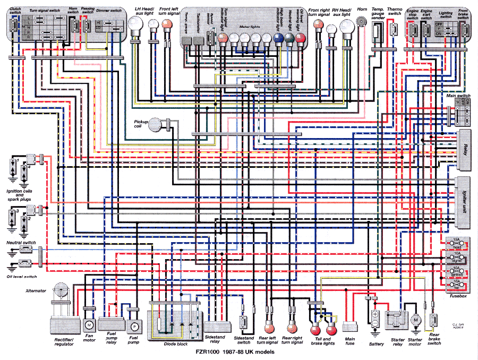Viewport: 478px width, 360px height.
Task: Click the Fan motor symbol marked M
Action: point(89,324)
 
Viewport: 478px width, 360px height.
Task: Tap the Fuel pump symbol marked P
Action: point(134,325)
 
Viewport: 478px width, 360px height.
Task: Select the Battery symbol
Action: point(375,319)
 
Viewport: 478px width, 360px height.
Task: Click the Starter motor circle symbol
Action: point(416,320)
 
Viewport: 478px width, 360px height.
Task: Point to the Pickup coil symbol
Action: point(156,124)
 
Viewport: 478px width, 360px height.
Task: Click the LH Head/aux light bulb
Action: point(136,24)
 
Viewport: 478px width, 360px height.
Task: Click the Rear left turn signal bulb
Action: point(269,325)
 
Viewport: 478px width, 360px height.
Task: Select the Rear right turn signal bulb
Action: point(292,325)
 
